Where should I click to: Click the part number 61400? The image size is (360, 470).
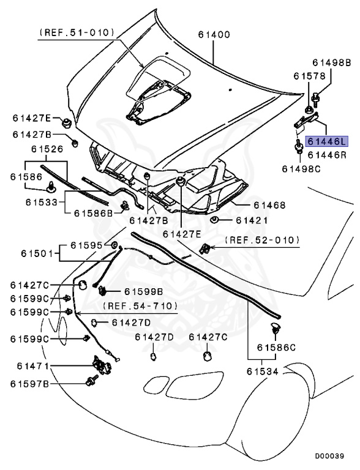(x=213, y=35)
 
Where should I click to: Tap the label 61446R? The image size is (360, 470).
(x=327, y=155)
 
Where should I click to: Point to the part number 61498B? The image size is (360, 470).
(x=331, y=62)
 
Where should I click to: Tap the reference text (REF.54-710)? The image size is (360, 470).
(x=140, y=305)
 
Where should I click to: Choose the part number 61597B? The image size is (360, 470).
(x=29, y=384)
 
